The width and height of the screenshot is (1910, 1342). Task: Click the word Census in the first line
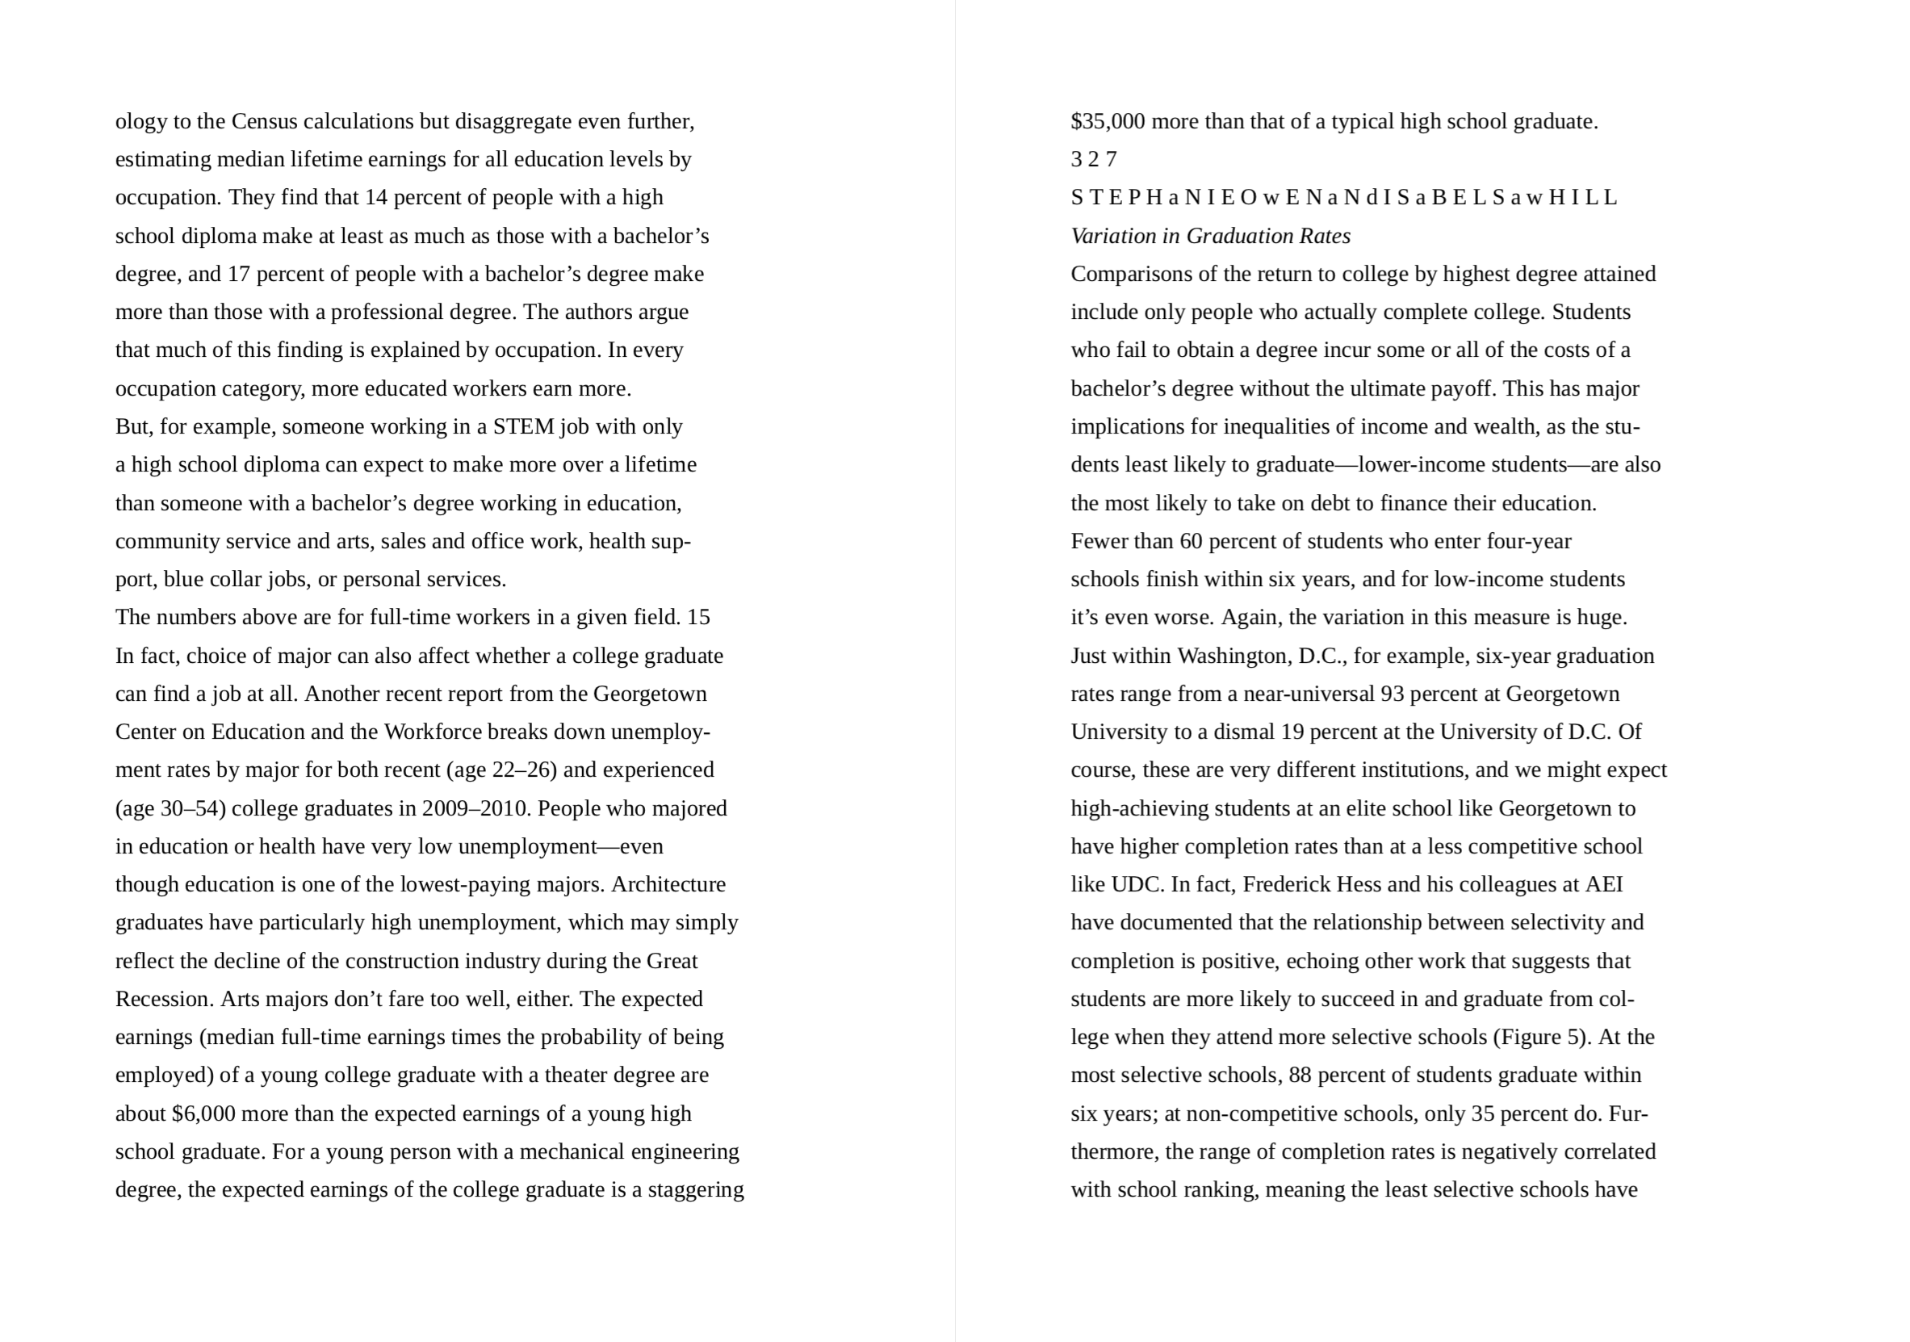[264, 121]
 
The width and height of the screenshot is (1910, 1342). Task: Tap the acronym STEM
[523, 427]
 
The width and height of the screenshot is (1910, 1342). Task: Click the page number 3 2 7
[1093, 159]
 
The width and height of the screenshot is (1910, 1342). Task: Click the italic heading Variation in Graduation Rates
[1210, 237]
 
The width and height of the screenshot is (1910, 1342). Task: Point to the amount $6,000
[203, 1114]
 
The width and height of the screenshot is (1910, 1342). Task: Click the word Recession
[165, 999]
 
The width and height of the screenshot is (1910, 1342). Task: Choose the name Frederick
[1286, 884]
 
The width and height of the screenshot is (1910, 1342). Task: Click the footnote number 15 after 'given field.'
[699, 618]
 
